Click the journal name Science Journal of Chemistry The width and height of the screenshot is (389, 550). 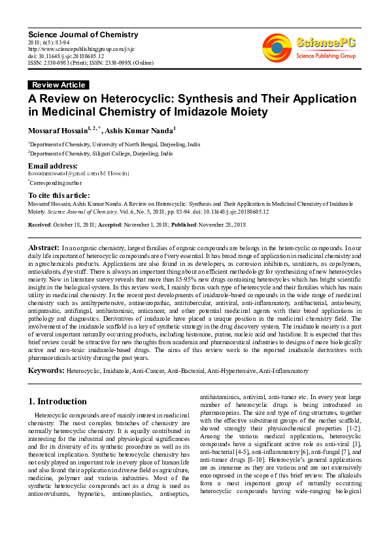(x=82, y=35)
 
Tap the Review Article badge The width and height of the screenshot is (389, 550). (x=58, y=85)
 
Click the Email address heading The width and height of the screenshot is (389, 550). (x=53, y=167)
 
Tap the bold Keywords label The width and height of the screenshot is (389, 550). (x=46, y=370)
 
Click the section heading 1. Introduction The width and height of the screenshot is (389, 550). (x=58, y=401)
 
